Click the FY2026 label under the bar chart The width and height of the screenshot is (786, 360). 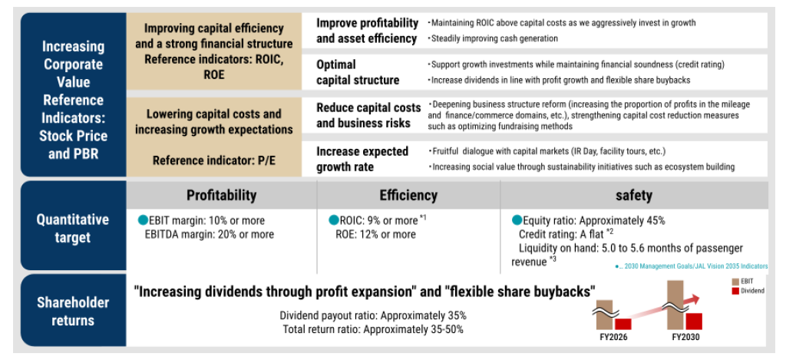pyautogui.click(x=613, y=337)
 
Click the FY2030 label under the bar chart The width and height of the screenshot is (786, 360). pyautogui.click(x=686, y=337)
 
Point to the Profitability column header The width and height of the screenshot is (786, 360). pyautogui.click(x=222, y=195)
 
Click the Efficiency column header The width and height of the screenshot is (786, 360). pyautogui.click(x=409, y=195)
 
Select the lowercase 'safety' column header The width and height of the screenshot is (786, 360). pyautogui.click(x=634, y=195)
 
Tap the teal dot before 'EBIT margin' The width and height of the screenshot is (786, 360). pyautogui.click(x=144, y=220)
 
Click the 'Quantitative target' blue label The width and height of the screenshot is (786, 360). pyautogui.click(x=73, y=228)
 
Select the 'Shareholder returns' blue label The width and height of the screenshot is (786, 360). pyautogui.click(x=73, y=311)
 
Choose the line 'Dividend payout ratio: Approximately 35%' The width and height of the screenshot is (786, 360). pyautogui.click(x=373, y=315)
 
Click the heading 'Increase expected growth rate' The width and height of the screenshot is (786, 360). pyautogui.click(x=362, y=159)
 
